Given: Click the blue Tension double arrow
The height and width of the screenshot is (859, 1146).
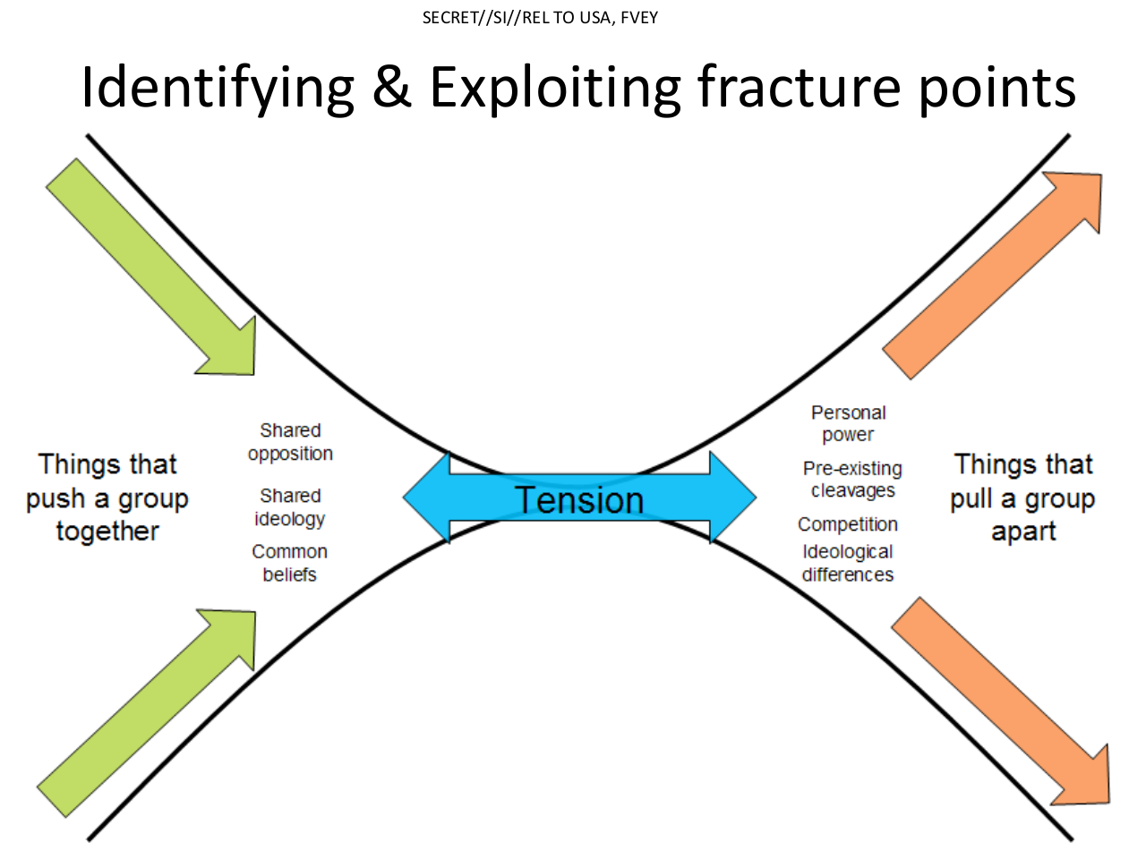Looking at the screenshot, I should [579, 498].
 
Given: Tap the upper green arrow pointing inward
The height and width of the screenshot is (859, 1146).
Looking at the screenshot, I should [152, 268].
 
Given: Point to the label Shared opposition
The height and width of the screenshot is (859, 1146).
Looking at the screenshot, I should [290, 442].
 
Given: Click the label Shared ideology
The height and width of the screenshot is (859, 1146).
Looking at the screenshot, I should [290, 507].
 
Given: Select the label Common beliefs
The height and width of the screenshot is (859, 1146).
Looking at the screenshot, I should [289, 563].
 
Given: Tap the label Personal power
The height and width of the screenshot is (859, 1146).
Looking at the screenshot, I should [848, 423].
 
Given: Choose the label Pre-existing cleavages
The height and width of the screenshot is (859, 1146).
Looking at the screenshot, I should [852, 479].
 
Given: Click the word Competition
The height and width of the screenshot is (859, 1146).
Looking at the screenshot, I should [847, 524].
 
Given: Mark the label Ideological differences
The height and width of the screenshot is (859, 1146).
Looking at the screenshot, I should [847, 563].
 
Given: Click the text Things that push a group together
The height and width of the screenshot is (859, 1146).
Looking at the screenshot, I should [107, 498].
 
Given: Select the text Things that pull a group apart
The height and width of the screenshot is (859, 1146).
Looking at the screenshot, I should [1023, 498].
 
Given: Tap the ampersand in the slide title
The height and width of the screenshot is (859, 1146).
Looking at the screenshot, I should [391, 88].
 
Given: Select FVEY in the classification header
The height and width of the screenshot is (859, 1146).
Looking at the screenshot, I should [639, 18].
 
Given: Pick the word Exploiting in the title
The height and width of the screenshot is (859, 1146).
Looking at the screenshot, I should [555, 88].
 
